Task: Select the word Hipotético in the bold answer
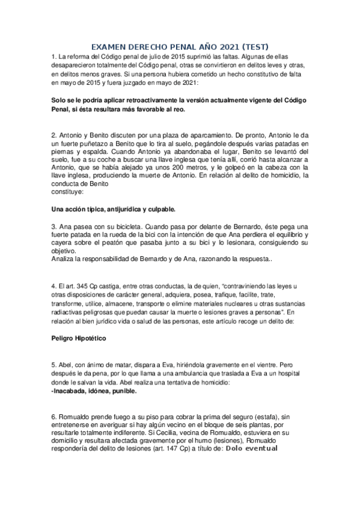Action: point(89,339)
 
